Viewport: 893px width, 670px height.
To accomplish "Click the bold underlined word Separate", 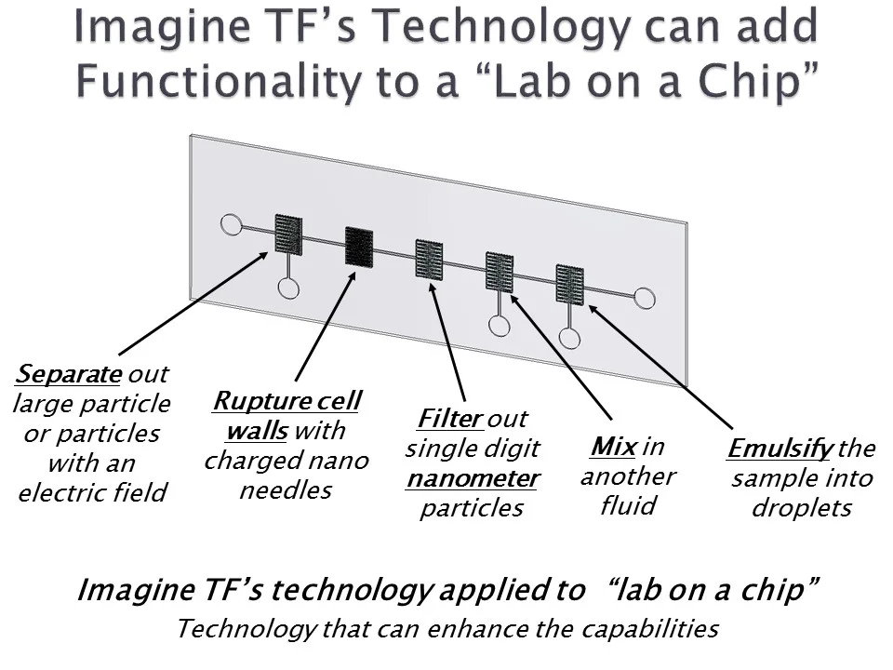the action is (69, 374).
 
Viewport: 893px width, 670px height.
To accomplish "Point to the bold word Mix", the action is (613, 447).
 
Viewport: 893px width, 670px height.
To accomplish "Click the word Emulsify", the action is (780, 449).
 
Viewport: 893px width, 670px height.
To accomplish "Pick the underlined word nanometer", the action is (472, 478).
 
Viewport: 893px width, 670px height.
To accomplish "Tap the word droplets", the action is (801, 509).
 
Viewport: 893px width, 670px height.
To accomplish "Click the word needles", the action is (286, 490).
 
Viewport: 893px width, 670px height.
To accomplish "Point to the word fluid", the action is (628, 506).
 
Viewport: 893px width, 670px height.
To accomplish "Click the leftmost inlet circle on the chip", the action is (231, 224).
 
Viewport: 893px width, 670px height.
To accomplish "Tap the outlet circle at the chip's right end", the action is (644, 298).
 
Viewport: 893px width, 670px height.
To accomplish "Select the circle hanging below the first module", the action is (288, 288).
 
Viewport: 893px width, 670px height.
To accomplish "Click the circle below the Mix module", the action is (500, 326).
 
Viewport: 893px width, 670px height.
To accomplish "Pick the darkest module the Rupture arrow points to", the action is (358, 246).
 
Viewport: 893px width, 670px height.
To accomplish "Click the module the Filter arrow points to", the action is (429, 259).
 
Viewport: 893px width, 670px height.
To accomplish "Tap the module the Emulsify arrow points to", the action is (569, 285).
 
